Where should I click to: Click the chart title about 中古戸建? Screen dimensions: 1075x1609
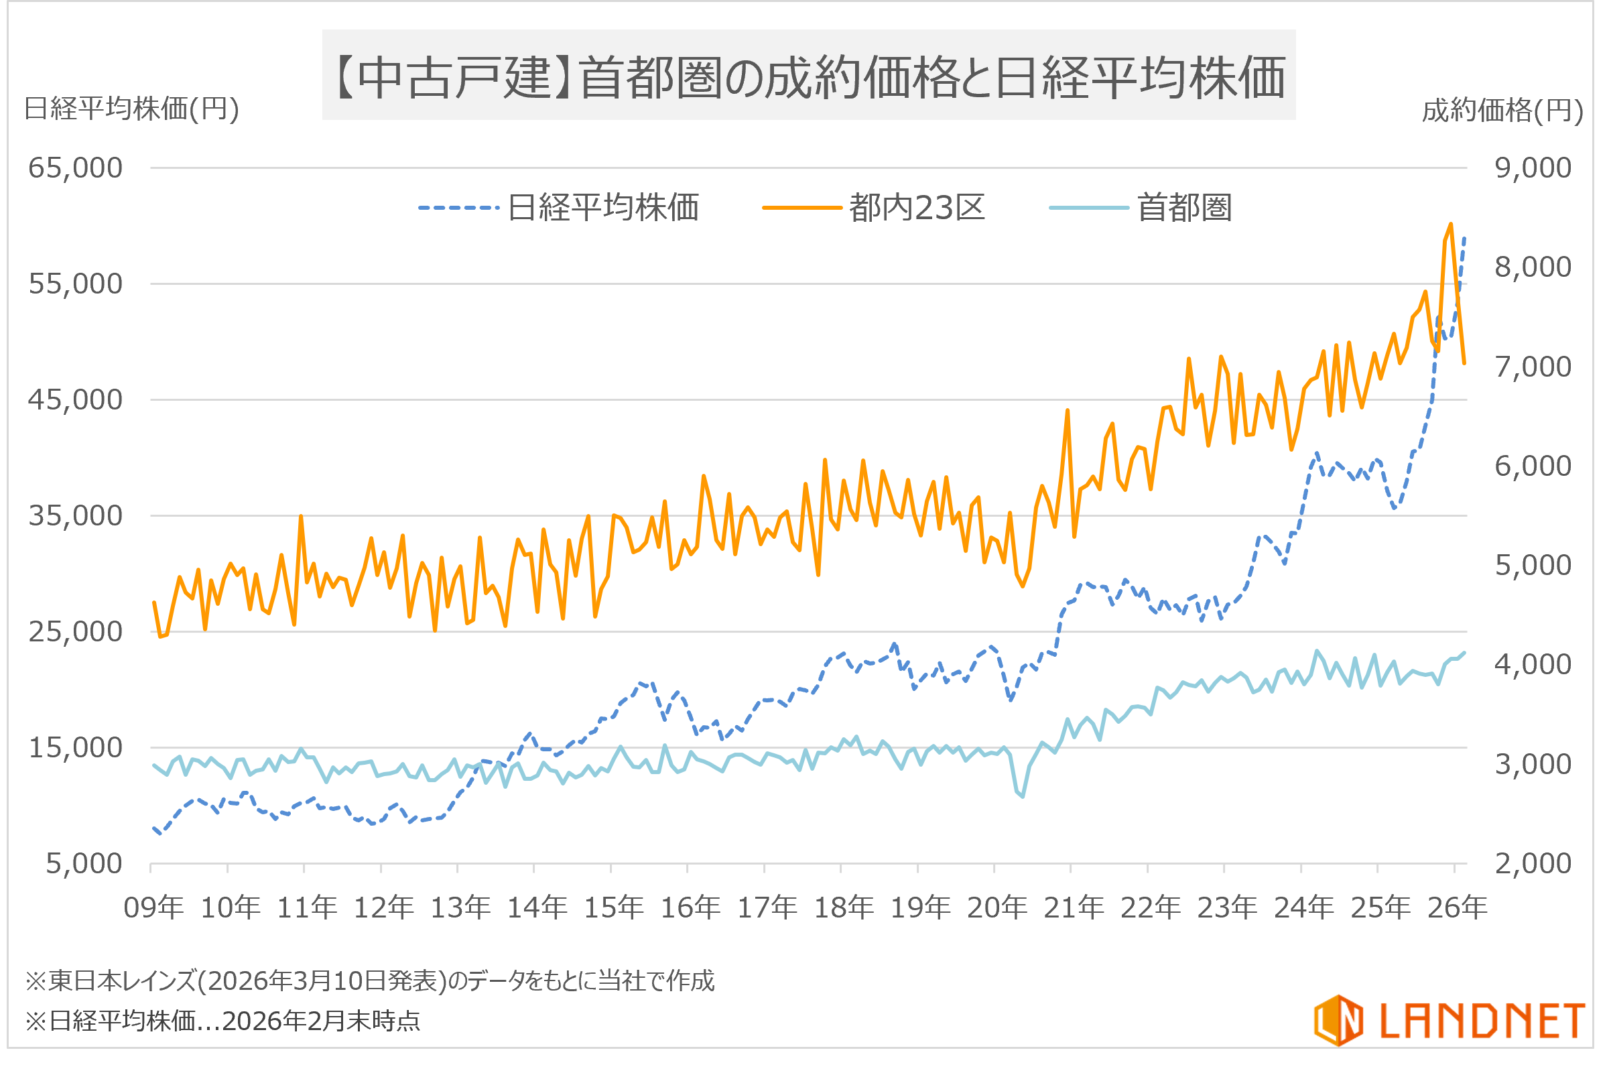(x=809, y=76)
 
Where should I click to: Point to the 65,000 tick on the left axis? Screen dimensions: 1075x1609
(x=76, y=168)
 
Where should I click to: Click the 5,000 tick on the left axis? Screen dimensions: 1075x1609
(x=84, y=864)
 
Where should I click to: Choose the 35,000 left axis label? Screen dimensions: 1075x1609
(x=76, y=515)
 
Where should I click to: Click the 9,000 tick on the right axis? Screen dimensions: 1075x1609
(x=1533, y=168)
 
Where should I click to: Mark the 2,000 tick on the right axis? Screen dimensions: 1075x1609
(x=1533, y=864)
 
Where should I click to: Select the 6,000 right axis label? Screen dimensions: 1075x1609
(x=1533, y=466)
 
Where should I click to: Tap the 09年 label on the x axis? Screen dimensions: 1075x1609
(x=153, y=907)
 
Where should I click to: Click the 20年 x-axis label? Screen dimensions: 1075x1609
(x=996, y=907)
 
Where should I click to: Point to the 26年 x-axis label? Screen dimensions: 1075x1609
(x=1457, y=907)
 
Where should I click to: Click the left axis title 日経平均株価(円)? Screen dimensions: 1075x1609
(x=131, y=109)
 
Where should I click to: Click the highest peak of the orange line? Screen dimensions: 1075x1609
(x=1451, y=225)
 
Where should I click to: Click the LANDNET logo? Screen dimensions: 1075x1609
(x=1450, y=1020)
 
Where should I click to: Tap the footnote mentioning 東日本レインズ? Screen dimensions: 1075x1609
(x=370, y=981)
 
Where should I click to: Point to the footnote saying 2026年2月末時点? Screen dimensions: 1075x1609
(x=222, y=1021)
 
